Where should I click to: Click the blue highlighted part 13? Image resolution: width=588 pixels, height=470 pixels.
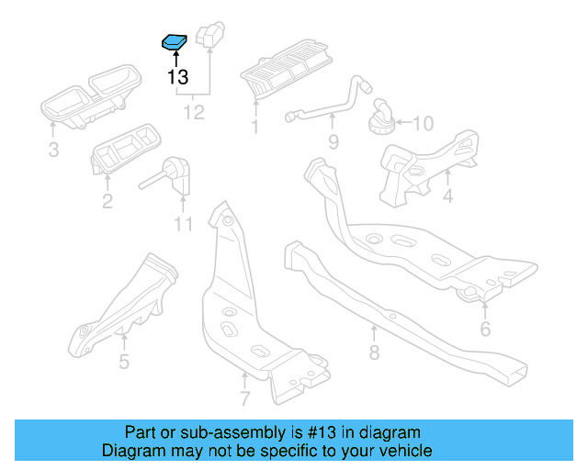coord(175,41)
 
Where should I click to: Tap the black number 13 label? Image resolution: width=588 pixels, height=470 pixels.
coord(177,77)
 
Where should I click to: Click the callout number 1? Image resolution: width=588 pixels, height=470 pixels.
coord(254,126)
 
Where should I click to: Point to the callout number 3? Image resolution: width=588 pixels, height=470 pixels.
coord(53,150)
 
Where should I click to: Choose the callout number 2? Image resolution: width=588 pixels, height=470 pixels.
coord(107,200)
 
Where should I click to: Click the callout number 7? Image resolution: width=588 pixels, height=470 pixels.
coord(244,398)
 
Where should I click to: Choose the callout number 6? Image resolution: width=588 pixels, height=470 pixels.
coord(485,329)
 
